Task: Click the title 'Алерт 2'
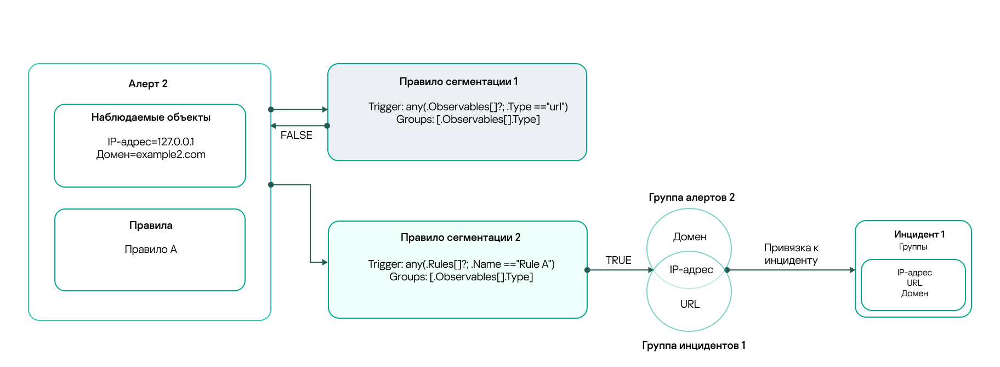coord(148,84)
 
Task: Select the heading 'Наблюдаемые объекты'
coord(151,117)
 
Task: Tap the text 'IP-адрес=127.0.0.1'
coord(151,142)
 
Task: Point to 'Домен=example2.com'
coord(151,155)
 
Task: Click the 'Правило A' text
coord(151,250)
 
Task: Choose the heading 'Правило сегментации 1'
coord(458,82)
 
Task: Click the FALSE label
coord(296,135)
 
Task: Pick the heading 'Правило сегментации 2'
coord(461,238)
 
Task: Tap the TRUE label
coord(618,261)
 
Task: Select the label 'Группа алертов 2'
coord(691,197)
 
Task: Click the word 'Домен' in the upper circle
coord(690,237)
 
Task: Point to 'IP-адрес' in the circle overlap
coord(691,270)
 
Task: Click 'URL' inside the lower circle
coord(690,304)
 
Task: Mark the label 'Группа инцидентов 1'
coord(694,346)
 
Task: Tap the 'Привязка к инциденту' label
coord(791,255)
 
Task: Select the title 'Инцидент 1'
coord(919,234)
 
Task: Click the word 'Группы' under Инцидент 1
coord(913,247)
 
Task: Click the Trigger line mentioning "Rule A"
coord(461,264)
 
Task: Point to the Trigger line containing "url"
coord(468,107)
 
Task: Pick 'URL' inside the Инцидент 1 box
coord(914,283)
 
